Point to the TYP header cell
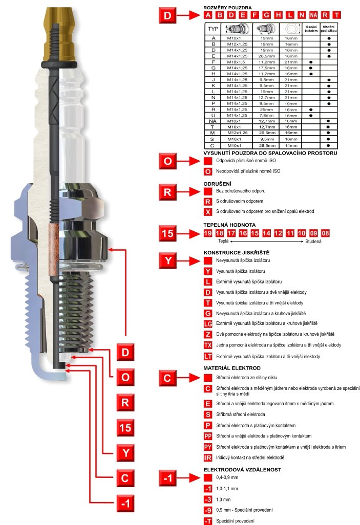coord(213,29)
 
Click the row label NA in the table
coord(213,121)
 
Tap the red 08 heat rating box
coord(325,233)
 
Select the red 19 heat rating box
coord(207,233)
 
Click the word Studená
coord(313,241)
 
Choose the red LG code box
coord(208,323)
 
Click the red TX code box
coord(208,345)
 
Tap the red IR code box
coord(208,457)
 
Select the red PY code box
coord(208,447)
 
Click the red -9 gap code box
coord(208,510)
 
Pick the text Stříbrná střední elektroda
coord(241,414)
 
